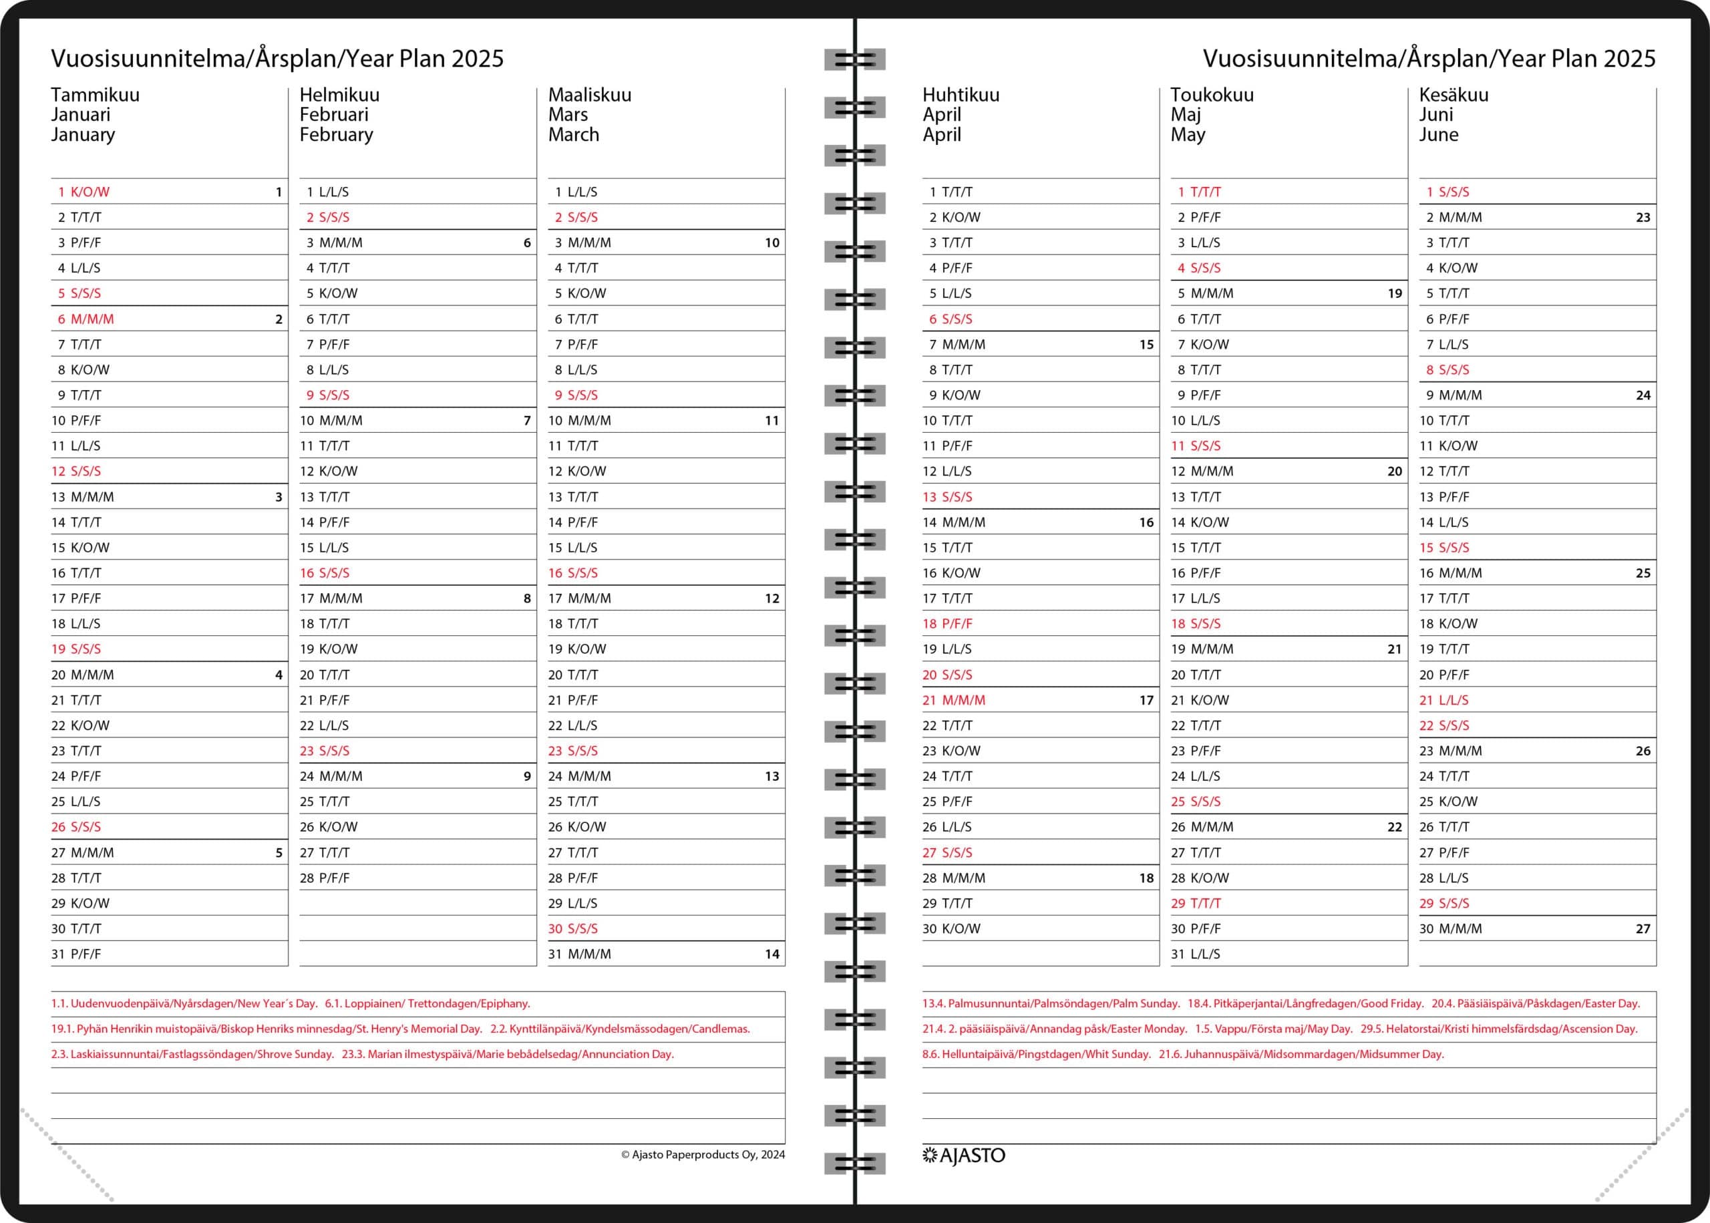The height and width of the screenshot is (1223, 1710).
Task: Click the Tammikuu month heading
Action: tap(95, 95)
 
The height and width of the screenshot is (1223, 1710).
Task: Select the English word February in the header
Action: tap(336, 135)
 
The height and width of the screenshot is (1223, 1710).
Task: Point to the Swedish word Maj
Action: tap(1185, 114)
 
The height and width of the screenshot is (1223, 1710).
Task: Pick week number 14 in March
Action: tap(772, 954)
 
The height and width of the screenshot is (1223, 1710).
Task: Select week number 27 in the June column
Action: tap(1643, 928)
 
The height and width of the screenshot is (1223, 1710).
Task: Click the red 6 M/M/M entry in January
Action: tap(86, 319)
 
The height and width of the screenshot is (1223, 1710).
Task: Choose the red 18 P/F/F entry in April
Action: tap(947, 624)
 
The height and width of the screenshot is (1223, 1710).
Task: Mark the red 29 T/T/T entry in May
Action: tap(1196, 903)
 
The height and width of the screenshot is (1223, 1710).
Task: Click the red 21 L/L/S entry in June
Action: tap(1443, 699)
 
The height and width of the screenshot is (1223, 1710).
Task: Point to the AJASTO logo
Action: tap(964, 1156)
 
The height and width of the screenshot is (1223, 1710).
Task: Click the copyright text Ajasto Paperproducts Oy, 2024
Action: tap(703, 1154)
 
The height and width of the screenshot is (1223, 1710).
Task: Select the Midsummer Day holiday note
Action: tap(1301, 1054)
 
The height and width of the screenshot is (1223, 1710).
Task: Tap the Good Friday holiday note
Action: tap(1306, 1003)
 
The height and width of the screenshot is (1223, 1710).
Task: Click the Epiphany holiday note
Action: tap(427, 1003)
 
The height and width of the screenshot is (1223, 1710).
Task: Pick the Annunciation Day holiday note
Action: tap(508, 1054)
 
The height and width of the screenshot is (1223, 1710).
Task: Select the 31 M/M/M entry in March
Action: tap(579, 954)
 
